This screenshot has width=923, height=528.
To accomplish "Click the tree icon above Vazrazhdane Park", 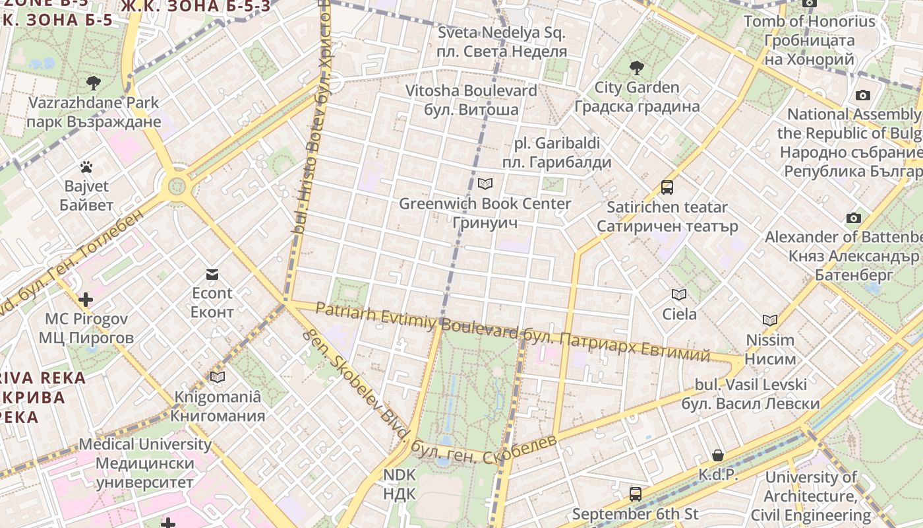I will click(94, 83).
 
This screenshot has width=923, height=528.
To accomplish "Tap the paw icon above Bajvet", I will click(86, 167).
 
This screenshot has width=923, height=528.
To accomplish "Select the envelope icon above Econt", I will click(212, 274).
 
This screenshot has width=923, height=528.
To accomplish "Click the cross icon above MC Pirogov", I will click(86, 300).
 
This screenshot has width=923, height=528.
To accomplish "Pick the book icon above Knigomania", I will click(218, 377).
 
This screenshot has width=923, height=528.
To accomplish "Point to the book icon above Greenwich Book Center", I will click(485, 184).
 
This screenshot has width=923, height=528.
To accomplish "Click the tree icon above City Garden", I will click(636, 67).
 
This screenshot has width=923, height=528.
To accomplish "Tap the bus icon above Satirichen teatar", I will click(667, 187).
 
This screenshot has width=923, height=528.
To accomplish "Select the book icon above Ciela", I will click(679, 294).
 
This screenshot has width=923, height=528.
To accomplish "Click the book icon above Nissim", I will click(770, 321).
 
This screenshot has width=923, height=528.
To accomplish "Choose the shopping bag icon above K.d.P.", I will click(718, 455).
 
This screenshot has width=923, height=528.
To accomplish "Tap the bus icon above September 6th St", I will click(636, 494).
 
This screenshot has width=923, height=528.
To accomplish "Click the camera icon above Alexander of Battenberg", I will click(854, 218).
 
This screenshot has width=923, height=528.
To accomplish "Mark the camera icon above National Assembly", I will click(862, 95).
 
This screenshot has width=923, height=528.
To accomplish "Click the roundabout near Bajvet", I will click(177, 186).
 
